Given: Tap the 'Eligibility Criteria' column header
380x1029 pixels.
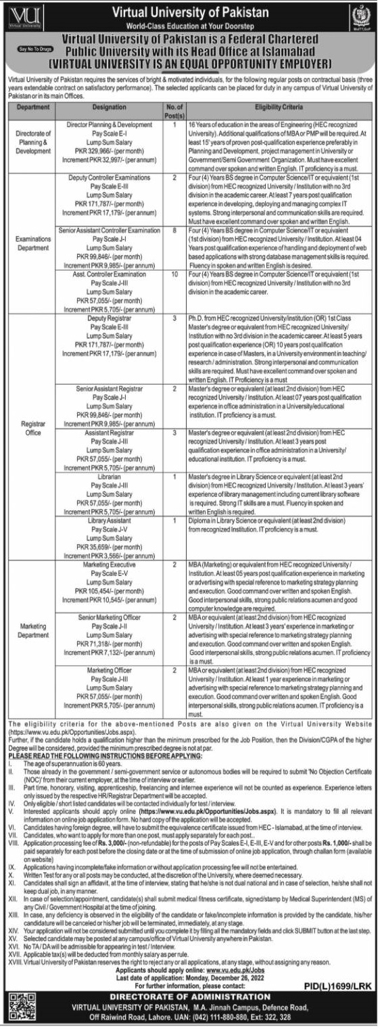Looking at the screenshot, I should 278,107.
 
